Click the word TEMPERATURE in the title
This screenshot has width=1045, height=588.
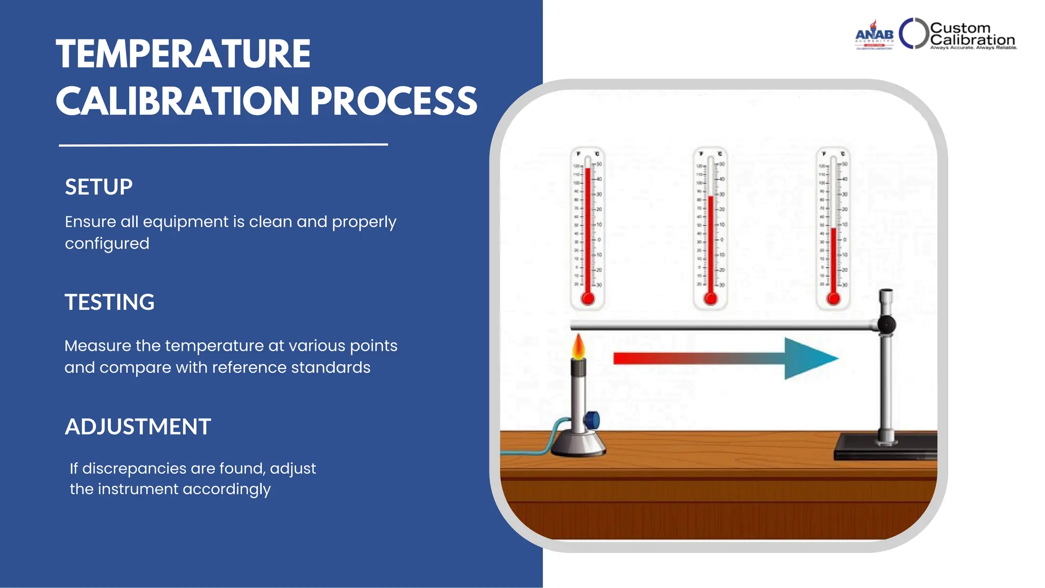click(x=183, y=54)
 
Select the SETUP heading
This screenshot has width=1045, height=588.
click(x=98, y=187)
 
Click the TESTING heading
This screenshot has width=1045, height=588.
click(x=109, y=302)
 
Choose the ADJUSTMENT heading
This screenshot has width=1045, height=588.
click(x=138, y=427)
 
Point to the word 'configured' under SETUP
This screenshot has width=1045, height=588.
click(x=107, y=243)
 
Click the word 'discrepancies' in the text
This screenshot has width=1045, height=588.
click(x=134, y=468)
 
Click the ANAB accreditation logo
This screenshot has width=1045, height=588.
click(x=874, y=35)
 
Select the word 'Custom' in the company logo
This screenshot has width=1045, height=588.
click(x=960, y=28)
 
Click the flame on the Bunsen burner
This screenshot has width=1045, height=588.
click(x=578, y=347)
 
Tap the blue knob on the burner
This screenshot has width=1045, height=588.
click(x=592, y=420)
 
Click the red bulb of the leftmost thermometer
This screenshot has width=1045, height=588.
click(x=588, y=299)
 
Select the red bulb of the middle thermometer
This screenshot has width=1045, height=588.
click(x=710, y=299)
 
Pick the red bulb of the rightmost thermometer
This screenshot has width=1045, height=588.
click(x=833, y=299)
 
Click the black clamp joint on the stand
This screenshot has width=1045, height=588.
click(x=887, y=325)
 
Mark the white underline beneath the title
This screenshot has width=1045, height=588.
click(x=223, y=145)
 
